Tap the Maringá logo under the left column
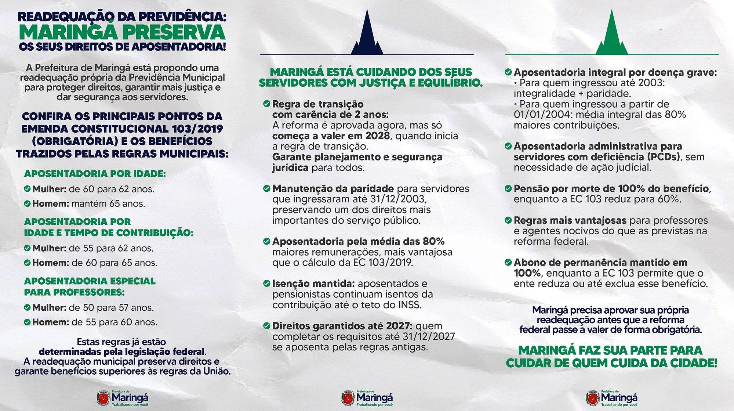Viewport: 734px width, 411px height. click(123, 398)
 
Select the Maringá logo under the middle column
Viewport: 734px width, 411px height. click(367, 398)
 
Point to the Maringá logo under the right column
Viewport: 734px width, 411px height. click(612, 398)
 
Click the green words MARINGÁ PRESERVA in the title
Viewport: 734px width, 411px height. click(122, 32)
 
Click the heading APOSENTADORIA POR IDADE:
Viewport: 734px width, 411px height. click(95, 174)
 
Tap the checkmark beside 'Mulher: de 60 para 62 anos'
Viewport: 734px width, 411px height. click(27, 189)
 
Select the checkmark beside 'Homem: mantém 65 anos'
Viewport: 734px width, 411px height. click(27, 203)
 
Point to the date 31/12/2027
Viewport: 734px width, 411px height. click(429, 336)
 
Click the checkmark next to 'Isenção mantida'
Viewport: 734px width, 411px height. click(267, 284)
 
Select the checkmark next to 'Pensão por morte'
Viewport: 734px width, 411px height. click(508, 189)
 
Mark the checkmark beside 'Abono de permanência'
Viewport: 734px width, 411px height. click(508, 263)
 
